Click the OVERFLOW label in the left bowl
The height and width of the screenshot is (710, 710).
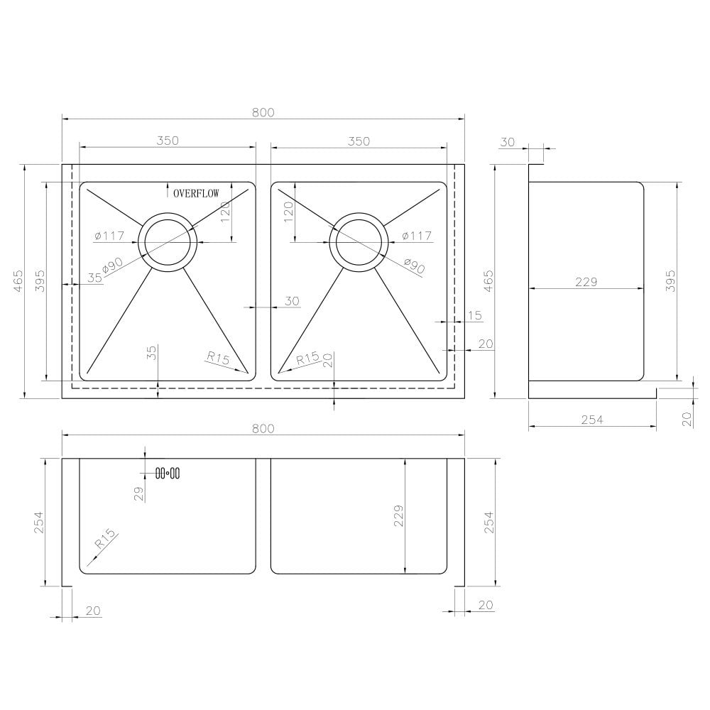tap(197, 192)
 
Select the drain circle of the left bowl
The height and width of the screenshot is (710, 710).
tap(168, 241)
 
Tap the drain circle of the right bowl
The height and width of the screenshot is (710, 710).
tap(359, 241)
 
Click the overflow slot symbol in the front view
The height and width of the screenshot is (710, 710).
tap(168, 473)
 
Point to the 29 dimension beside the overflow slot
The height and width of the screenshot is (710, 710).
tap(139, 493)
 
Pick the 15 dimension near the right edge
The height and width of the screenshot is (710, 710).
tap(475, 315)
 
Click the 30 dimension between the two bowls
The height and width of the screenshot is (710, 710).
tap(292, 301)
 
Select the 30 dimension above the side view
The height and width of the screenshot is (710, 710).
tap(507, 142)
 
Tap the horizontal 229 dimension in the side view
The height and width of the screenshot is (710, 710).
tap(586, 282)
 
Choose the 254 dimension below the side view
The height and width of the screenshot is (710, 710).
tap(591, 420)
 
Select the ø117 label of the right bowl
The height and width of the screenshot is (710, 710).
tap(417, 236)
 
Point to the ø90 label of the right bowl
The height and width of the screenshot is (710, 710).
tap(413, 266)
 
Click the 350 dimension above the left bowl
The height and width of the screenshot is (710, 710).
tap(167, 141)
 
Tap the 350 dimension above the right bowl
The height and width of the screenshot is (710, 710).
tap(359, 141)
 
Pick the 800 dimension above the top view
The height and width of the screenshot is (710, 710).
tap(263, 112)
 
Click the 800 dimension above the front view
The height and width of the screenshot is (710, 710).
tap(263, 428)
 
